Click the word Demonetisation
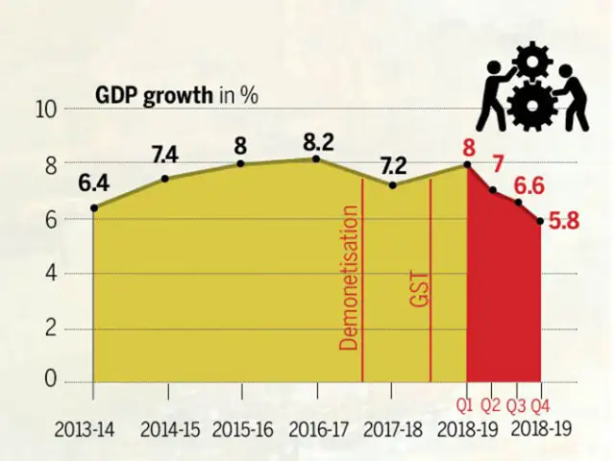tap(349, 285)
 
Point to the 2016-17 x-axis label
tap(316, 429)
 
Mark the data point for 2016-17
tap(316, 158)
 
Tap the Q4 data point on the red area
tap(541, 222)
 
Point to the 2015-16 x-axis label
tap(241, 429)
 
